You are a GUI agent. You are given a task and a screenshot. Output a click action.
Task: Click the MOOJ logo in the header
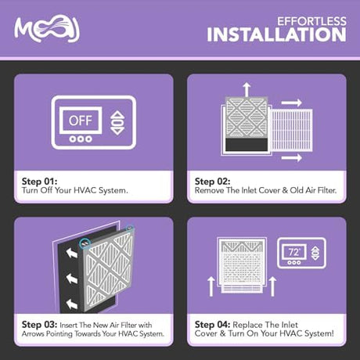(47, 29)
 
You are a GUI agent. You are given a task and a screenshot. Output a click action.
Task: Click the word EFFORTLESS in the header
(311, 21)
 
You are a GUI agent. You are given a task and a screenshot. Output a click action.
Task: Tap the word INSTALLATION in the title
(276, 34)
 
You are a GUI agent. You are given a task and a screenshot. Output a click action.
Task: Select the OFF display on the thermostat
(81, 121)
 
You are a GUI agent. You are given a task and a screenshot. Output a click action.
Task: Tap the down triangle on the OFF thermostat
(118, 131)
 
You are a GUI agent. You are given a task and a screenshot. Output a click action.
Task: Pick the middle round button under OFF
(81, 139)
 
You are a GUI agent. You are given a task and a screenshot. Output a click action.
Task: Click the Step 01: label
(39, 182)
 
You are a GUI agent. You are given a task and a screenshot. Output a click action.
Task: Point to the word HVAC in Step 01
(81, 190)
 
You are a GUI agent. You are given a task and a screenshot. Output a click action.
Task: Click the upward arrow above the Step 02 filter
(247, 89)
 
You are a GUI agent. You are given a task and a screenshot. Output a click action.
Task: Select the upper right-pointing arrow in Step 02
(292, 103)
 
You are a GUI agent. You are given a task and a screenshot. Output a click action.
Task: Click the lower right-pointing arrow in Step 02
(292, 157)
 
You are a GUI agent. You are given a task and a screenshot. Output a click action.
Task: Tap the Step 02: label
(212, 182)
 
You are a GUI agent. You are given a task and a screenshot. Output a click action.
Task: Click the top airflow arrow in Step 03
(72, 253)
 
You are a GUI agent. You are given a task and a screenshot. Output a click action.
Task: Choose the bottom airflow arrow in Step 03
(72, 304)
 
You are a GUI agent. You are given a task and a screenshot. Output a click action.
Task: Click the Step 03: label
(39, 325)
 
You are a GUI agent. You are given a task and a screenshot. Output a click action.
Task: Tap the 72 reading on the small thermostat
(294, 252)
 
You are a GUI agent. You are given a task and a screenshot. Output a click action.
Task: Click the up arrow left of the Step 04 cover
(211, 286)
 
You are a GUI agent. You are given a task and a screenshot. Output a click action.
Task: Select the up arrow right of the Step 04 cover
(272, 286)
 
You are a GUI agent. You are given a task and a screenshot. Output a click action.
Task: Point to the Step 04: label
(212, 325)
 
